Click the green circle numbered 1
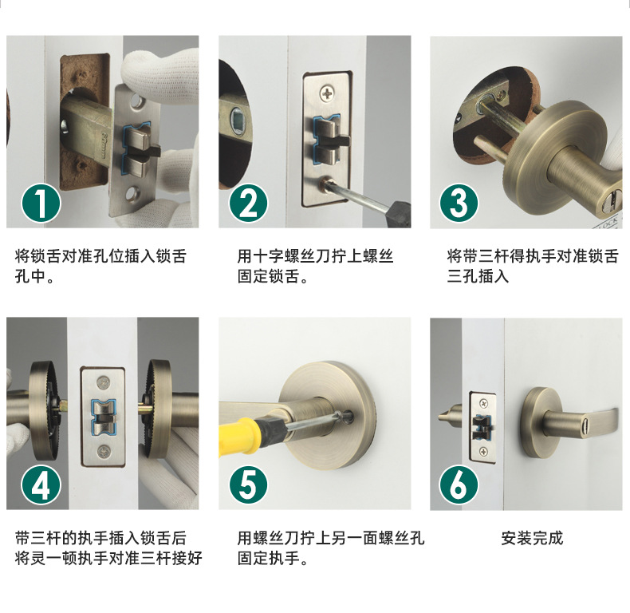pyautogui.click(x=41, y=203)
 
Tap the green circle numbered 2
pyautogui.click(x=248, y=203)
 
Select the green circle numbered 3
pyautogui.click(x=459, y=203)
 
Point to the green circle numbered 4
pyautogui.click(x=41, y=484)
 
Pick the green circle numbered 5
pyautogui.click(x=248, y=484)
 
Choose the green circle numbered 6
pyautogui.click(x=459, y=484)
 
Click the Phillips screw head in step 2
pyautogui.click(x=328, y=93)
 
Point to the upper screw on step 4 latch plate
pyautogui.click(x=104, y=382)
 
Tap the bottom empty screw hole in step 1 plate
pyautogui.click(x=131, y=194)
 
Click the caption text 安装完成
pyautogui.click(x=532, y=538)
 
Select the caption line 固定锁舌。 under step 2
pyautogui.click(x=273, y=276)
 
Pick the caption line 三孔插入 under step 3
pyautogui.click(x=478, y=276)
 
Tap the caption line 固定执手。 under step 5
pyautogui.click(x=273, y=558)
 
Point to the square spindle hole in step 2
pyautogui.click(x=236, y=120)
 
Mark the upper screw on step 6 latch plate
pyautogui.click(x=482, y=401)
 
